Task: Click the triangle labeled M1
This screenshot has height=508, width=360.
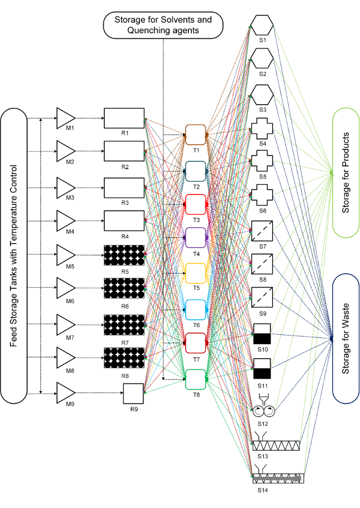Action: [65, 118]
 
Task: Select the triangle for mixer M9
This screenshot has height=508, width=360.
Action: [65, 393]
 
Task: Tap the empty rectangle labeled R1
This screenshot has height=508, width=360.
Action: [124, 119]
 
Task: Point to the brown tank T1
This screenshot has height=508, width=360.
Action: [196, 134]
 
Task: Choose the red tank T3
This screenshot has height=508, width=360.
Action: [196, 203]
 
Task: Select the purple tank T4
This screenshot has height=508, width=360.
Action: [196, 238]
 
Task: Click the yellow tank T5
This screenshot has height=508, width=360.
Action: [196, 273]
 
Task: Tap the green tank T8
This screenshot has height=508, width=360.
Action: [196, 380]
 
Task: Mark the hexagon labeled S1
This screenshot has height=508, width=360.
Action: [262, 24]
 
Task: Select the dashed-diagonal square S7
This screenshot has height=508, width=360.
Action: [262, 231]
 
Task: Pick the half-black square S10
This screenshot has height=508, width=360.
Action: [262, 333]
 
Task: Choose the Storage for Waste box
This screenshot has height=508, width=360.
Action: [345, 338]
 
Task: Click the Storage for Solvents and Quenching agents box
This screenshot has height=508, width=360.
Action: [163, 25]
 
